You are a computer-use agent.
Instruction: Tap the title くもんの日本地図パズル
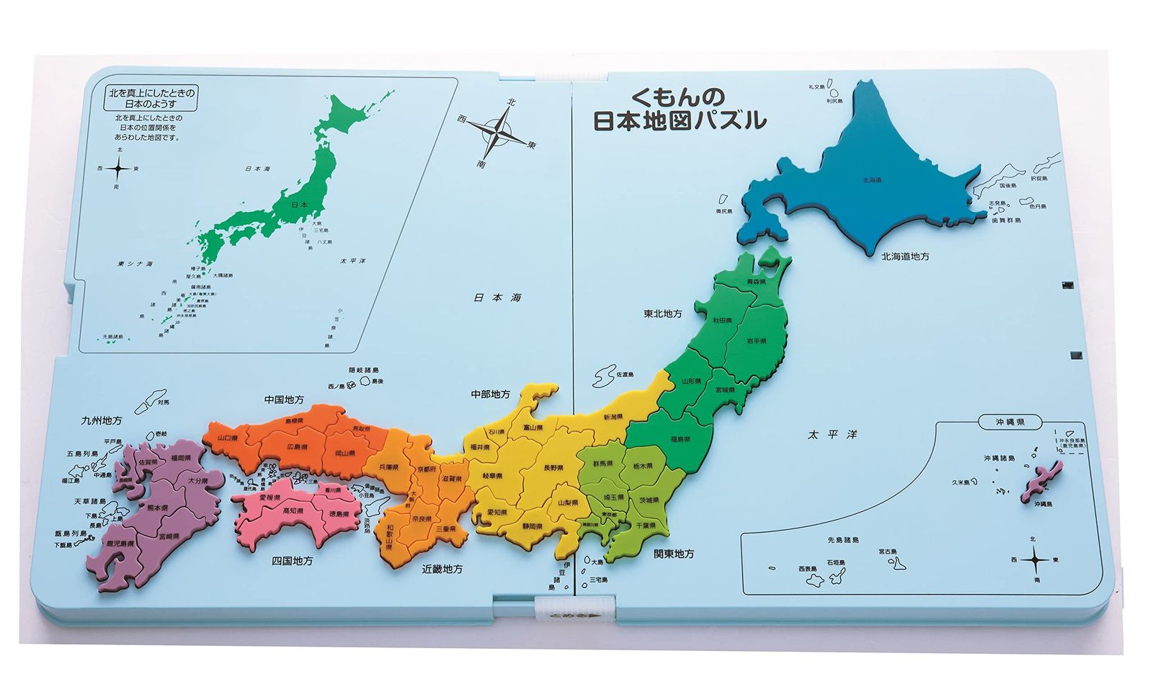click(x=679, y=110)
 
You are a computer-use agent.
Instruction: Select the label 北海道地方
click(x=904, y=256)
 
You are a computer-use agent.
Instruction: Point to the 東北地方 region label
click(x=662, y=314)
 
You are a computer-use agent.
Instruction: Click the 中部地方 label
click(x=490, y=394)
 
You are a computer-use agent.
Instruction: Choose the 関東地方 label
click(x=674, y=554)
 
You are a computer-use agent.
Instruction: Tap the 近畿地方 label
click(x=442, y=569)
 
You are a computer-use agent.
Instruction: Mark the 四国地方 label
click(x=292, y=560)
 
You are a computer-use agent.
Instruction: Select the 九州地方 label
click(x=102, y=420)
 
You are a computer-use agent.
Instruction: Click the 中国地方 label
click(x=284, y=399)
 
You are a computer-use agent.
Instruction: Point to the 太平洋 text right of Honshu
click(x=832, y=435)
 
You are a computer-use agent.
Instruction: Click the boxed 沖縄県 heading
click(x=1010, y=422)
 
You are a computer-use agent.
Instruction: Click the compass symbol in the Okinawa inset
click(x=1035, y=559)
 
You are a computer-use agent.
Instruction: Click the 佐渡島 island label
click(x=625, y=375)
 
